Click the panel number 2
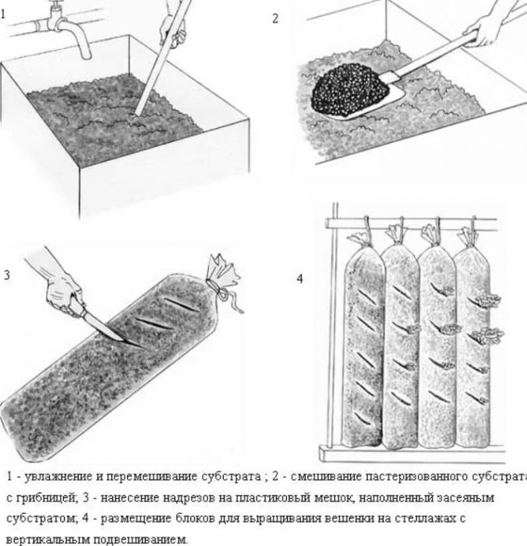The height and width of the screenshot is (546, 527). [274, 18]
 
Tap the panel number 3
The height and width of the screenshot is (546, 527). [6, 275]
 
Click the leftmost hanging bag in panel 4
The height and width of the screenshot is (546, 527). [362, 343]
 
